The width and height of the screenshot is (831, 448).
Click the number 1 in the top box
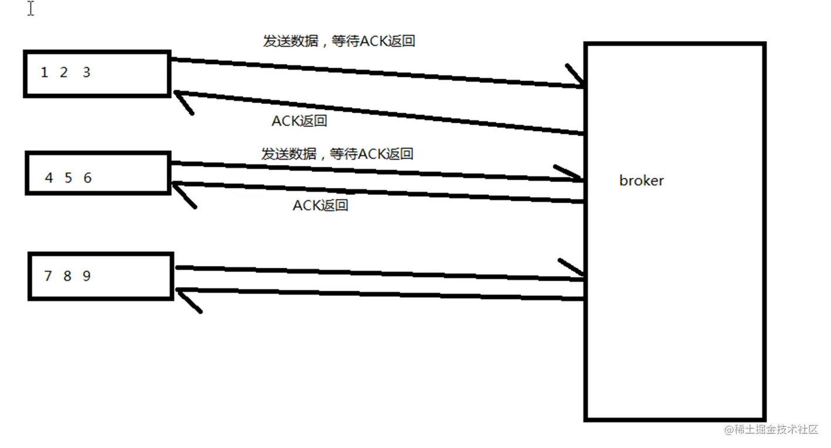tap(44, 73)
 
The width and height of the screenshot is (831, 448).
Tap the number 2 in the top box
tap(63, 73)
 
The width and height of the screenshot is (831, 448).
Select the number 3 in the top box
tap(86, 73)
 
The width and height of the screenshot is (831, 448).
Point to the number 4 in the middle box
tap(49, 178)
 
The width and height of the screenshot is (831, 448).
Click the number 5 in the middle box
tap(68, 178)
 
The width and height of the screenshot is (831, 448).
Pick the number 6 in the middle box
tap(87, 178)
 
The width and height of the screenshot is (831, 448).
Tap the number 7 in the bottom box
tap(48, 275)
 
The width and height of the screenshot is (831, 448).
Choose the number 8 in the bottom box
tap(67, 275)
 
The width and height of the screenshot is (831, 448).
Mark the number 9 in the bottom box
tap(86, 275)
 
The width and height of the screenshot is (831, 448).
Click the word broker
tap(641, 180)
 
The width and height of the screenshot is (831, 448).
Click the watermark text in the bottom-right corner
tap(771, 429)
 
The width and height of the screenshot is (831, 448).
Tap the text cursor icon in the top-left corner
tap(31, 9)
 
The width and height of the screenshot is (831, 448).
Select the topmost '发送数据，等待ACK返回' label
tap(339, 41)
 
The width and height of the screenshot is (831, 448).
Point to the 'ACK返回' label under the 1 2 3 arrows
tap(299, 121)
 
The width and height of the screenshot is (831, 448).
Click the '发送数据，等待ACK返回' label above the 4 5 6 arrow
tap(337, 154)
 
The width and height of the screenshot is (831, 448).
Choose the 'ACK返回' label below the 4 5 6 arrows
tap(320, 206)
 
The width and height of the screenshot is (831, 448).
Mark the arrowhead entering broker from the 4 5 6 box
tap(572, 175)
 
